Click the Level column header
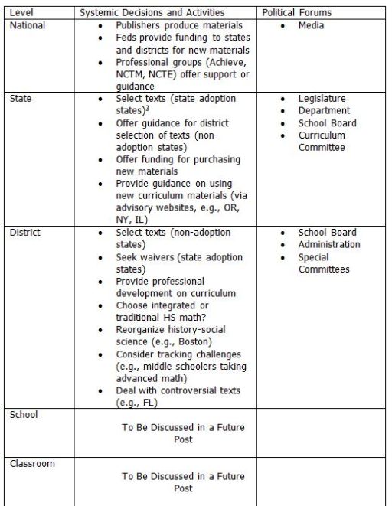21,13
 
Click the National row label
28,25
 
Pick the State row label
21,99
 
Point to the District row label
25,233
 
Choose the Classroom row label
33,464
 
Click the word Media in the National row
312,25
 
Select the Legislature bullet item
322,99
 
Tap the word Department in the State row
324,111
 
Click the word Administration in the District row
329,245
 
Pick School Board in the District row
328,233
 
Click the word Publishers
139,25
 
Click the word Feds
127,38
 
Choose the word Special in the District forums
314,257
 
